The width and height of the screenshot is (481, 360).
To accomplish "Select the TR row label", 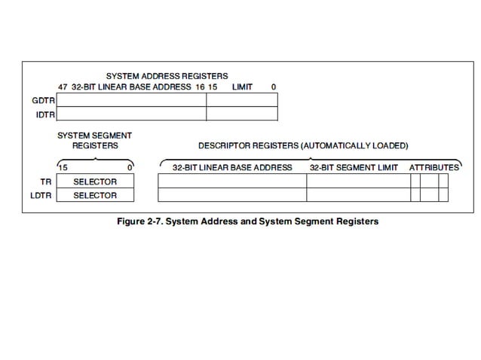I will click(x=46, y=182).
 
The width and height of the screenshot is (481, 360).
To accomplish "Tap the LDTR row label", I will click(x=43, y=195).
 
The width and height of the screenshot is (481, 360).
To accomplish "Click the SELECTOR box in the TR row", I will click(x=95, y=182).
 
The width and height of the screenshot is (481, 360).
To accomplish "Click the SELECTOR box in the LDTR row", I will click(x=95, y=195).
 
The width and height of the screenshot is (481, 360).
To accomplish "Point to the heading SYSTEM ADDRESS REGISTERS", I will click(x=167, y=76).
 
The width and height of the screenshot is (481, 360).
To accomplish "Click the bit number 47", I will click(x=63, y=87).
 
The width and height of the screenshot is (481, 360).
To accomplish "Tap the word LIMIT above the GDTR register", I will click(x=242, y=87).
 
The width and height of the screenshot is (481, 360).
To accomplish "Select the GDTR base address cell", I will click(x=131, y=99).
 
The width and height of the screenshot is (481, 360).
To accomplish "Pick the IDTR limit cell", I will click(x=242, y=114).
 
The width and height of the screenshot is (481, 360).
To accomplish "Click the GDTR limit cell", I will click(x=242, y=99).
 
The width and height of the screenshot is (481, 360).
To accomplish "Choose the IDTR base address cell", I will click(x=131, y=114).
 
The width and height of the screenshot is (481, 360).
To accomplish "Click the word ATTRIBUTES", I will click(x=434, y=167).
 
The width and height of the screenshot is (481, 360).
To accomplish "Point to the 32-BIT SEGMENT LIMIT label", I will click(x=354, y=167).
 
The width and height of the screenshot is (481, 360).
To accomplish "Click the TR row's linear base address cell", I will click(x=232, y=182).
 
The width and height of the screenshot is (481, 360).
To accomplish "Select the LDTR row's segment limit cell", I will click(x=358, y=195).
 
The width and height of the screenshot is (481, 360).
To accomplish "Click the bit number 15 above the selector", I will click(x=63, y=167).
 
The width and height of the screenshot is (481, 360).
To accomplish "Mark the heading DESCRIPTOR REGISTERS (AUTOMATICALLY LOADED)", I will click(x=303, y=145).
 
